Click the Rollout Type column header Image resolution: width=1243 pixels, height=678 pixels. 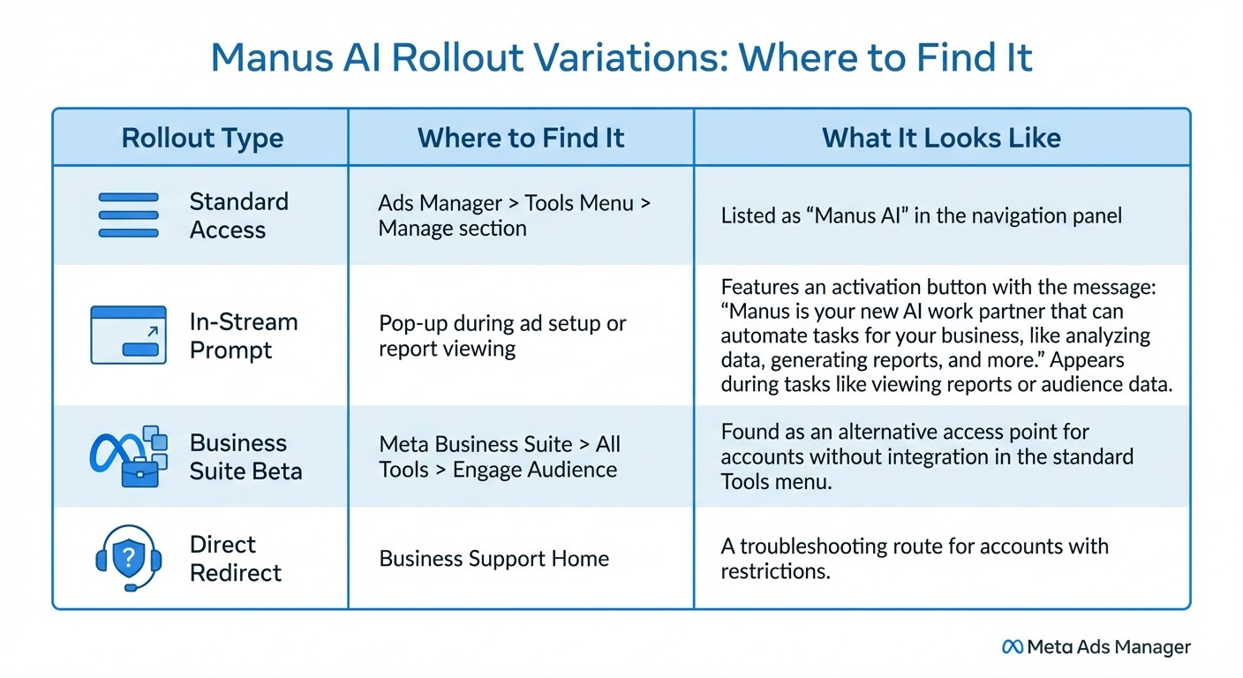point(202,138)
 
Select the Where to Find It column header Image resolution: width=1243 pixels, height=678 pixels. point(521,138)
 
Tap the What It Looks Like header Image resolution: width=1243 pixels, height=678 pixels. point(941,138)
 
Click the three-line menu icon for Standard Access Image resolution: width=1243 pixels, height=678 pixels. point(128,215)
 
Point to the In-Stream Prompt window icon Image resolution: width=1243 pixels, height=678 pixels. point(128,335)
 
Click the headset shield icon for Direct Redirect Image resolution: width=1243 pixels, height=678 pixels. point(128,558)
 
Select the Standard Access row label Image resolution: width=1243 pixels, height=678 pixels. point(238,215)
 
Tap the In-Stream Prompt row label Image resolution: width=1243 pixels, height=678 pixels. point(243,335)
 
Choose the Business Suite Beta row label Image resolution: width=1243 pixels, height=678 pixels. point(245,456)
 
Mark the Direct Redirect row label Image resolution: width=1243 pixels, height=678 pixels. point(235,558)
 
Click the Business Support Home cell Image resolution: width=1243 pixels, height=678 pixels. point(493,559)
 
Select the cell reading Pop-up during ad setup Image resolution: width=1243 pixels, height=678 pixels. point(501,335)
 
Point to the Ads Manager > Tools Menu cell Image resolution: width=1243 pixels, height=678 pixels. point(514,215)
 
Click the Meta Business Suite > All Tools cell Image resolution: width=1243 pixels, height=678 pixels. point(499,456)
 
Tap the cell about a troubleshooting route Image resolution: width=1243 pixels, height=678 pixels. point(914,559)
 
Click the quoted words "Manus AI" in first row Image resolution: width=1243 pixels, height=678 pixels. point(850,215)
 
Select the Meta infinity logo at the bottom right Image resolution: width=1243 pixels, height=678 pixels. point(1013,647)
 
